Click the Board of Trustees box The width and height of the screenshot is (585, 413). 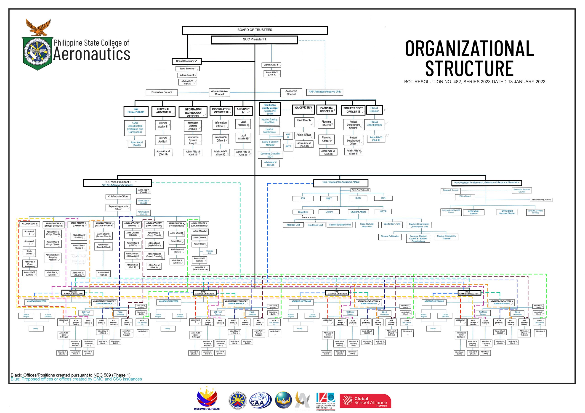(x=255, y=30)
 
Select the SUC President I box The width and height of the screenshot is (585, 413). (x=254, y=40)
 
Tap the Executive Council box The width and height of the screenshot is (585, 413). (x=162, y=92)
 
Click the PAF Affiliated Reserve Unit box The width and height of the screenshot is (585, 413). (x=324, y=92)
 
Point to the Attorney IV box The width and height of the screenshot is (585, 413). (x=243, y=111)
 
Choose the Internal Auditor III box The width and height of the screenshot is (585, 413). (x=163, y=111)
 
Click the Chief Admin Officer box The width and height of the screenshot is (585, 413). (x=118, y=197)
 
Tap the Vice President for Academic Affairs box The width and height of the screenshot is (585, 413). (x=341, y=183)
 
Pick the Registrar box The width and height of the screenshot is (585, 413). (x=303, y=212)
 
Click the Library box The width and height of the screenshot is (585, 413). (x=329, y=212)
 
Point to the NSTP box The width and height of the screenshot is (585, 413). (x=383, y=212)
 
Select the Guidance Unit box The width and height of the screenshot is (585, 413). (x=315, y=225)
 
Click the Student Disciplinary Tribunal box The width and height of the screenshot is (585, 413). (x=446, y=237)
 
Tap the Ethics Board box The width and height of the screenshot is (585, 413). (x=465, y=196)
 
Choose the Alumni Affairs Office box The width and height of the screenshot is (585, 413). (x=535, y=212)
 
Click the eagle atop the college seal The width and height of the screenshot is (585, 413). (x=38, y=27)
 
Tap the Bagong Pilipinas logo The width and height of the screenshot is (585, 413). (x=207, y=399)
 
